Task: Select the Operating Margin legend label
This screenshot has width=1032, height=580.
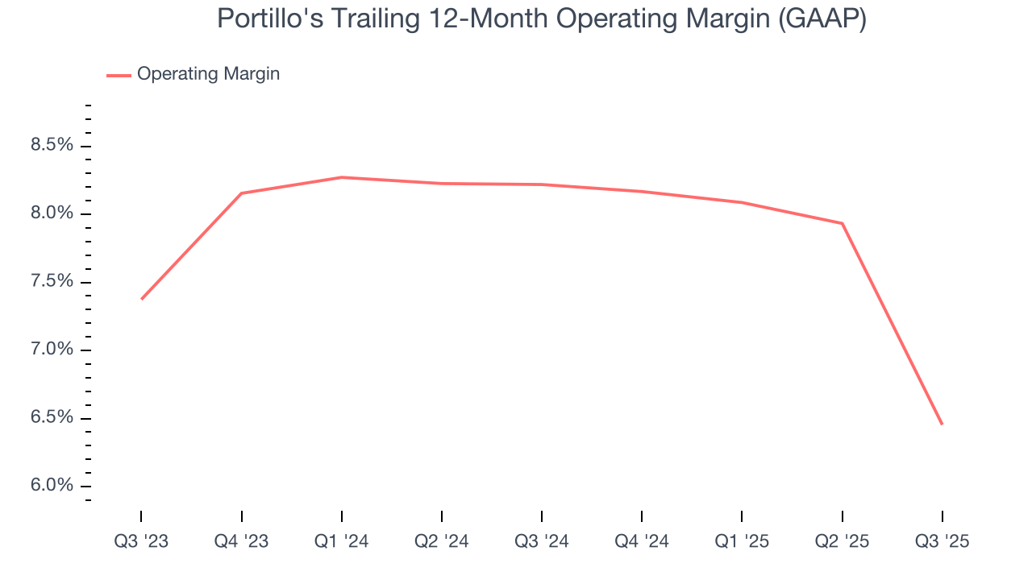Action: (x=208, y=74)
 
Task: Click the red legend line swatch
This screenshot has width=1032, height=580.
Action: (x=119, y=75)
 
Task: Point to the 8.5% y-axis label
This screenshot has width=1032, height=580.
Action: (x=52, y=146)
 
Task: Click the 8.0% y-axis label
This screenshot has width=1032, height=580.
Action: (x=52, y=213)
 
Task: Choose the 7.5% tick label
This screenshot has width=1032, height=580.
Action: (x=52, y=282)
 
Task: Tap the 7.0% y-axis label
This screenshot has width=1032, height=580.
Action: (x=52, y=350)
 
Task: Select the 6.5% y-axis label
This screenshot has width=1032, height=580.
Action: (x=52, y=418)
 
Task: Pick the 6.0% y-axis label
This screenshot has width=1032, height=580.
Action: (x=52, y=486)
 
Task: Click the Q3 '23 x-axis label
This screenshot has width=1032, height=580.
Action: (x=141, y=541)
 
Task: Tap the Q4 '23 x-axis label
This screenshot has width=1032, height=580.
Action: (x=242, y=541)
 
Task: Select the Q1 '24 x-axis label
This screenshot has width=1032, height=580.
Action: (x=342, y=541)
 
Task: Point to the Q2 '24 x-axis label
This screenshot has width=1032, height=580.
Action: (x=442, y=541)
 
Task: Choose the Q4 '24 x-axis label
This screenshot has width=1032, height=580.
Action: (x=642, y=541)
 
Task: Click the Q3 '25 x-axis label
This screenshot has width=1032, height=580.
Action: (x=942, y=541)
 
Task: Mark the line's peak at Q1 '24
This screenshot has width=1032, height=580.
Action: (x=342, y=177)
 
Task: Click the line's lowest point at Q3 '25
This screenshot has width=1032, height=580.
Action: (x=942, y=424)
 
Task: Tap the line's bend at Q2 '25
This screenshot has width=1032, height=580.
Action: (x=842, y=223)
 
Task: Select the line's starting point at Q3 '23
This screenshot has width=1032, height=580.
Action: (x=142, y=299)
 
